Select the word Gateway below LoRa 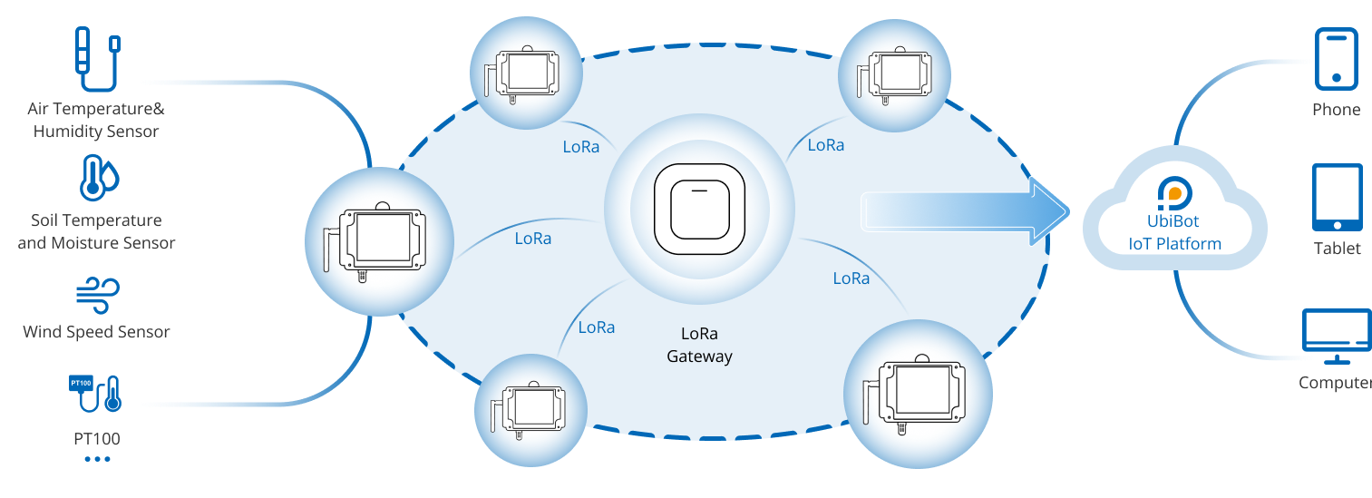pos(699,356)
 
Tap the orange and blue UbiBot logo pos(1174,193)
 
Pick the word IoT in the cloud pos(1139,243)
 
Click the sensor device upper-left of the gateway pos(527,72)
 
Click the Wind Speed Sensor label pos(96,339)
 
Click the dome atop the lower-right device pos(922,357)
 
